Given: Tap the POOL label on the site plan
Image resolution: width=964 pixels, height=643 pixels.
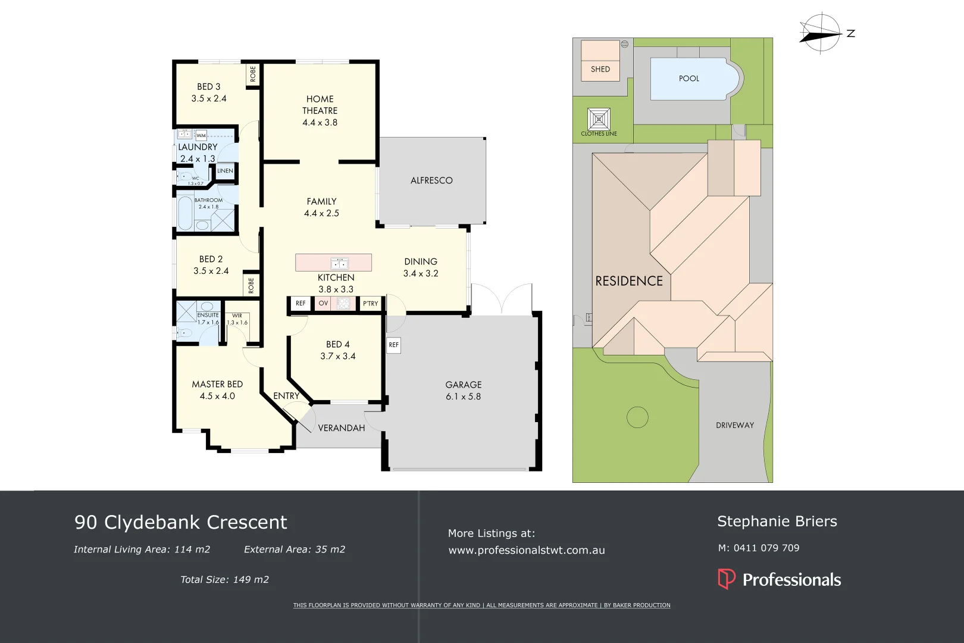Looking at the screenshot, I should tap(688, 79).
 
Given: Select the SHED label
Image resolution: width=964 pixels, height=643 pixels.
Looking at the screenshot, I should tap(600, 69).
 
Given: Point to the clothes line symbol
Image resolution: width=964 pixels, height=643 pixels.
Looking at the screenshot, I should tap(599, 119).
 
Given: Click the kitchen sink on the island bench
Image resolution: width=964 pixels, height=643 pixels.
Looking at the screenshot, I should tap(339, 263).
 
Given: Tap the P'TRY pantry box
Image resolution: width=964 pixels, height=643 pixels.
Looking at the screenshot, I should tap(370, 304).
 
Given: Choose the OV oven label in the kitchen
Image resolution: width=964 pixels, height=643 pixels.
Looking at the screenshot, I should tap(323, 304).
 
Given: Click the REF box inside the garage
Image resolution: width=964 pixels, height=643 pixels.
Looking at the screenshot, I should tap(393, 345).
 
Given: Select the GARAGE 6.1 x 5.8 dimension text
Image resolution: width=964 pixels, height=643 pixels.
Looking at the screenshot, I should tap(463, 397).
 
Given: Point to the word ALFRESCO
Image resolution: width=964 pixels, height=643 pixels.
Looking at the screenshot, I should tap(431, 180).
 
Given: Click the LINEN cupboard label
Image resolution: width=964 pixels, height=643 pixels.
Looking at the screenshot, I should tap(225, 171).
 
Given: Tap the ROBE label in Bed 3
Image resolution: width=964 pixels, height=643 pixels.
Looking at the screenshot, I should tap(253, 74).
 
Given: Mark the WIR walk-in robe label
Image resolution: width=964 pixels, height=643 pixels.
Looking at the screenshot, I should tap(237, 316).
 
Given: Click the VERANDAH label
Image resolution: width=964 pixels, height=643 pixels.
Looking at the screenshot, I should tap(341, 428).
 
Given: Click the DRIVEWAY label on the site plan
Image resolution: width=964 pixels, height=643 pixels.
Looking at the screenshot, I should tap(734, 425).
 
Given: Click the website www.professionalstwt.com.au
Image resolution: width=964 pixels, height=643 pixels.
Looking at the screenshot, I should tap(526, 550).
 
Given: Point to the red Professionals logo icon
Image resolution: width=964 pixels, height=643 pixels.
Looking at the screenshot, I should tap(726, 579).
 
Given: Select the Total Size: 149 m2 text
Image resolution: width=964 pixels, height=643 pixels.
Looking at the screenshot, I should tap(224, 579).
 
